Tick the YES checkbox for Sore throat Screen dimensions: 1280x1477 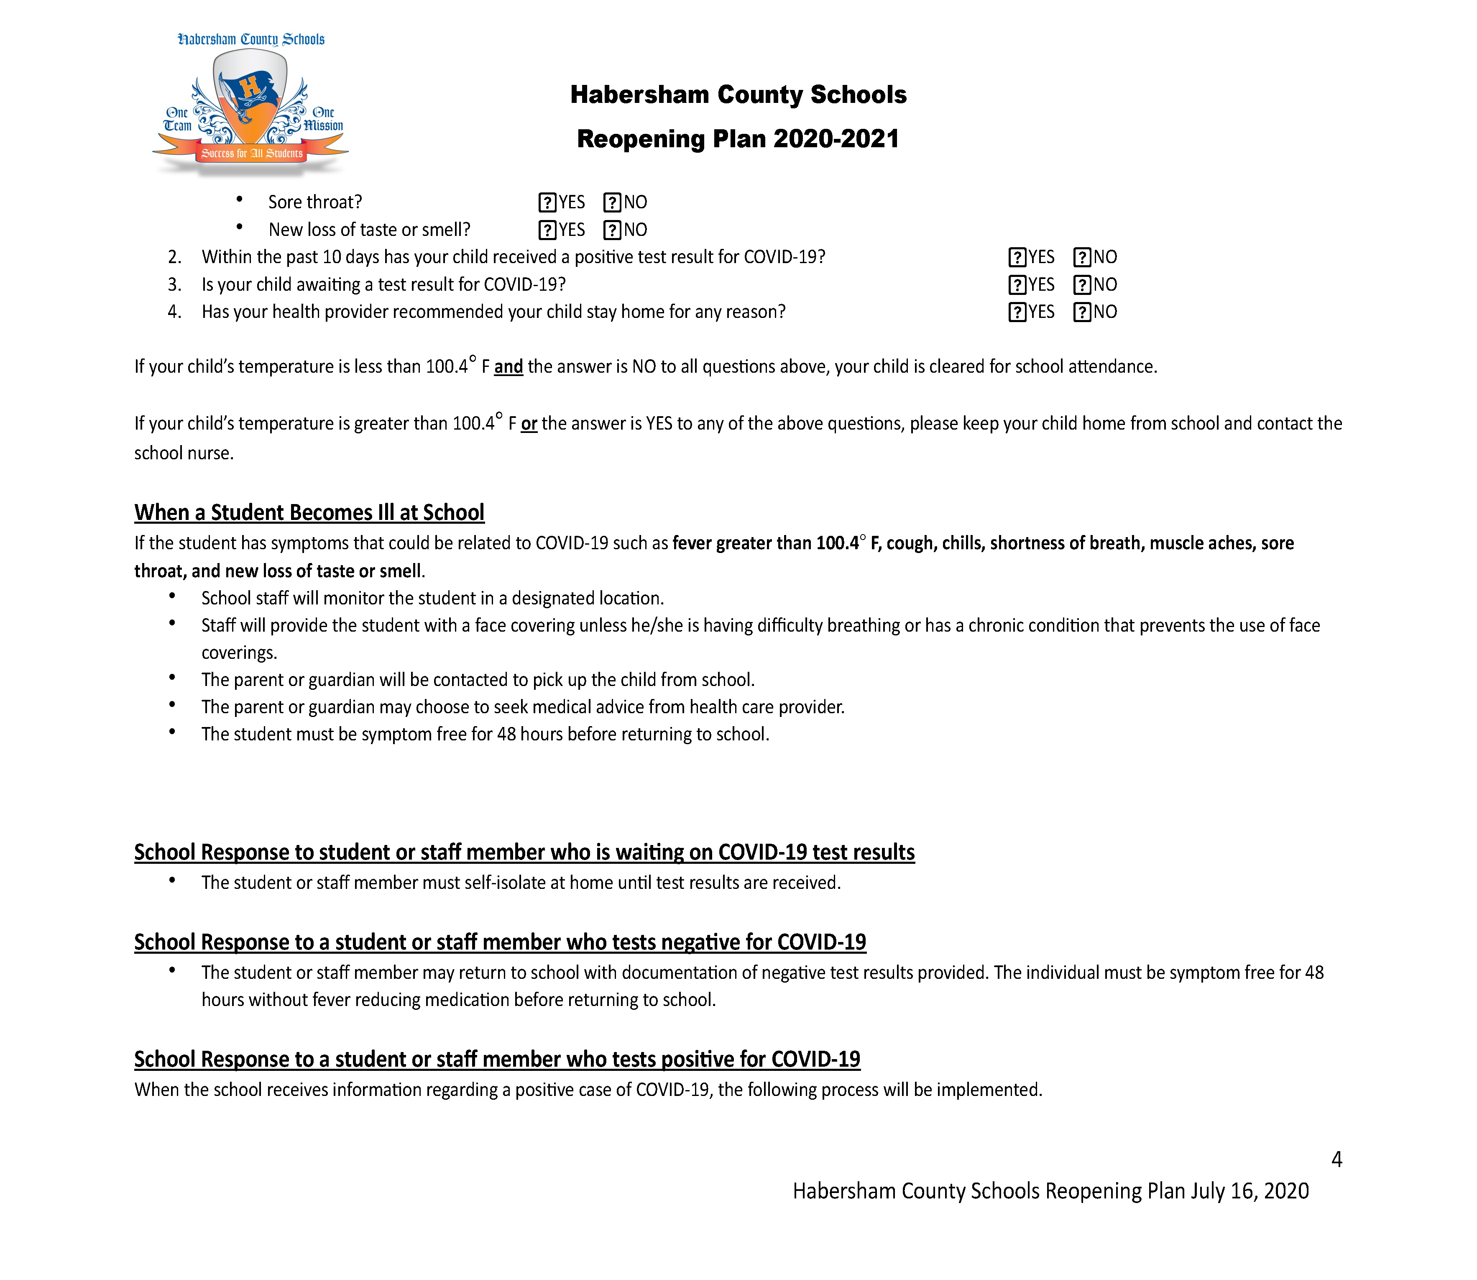pos(547,203)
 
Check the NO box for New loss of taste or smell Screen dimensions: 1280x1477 pos(612,230)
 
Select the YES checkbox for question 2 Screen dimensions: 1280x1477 pos(1017,257)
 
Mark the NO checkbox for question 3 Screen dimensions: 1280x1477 pos(1082,285)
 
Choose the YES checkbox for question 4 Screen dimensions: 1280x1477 pos(1017,312)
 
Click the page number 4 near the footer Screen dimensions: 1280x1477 pos(1336,1159)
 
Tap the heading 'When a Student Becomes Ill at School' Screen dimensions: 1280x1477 pos(309,513)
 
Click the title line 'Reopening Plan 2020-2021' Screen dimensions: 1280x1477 pos(738,138)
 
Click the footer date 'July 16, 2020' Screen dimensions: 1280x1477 pos(1249,1191)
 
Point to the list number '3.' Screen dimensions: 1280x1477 pos(175,285)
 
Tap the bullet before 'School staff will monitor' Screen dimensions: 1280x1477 pos(172,596)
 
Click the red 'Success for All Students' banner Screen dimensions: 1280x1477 pos(251,153)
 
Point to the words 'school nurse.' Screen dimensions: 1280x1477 pos(184,453)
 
